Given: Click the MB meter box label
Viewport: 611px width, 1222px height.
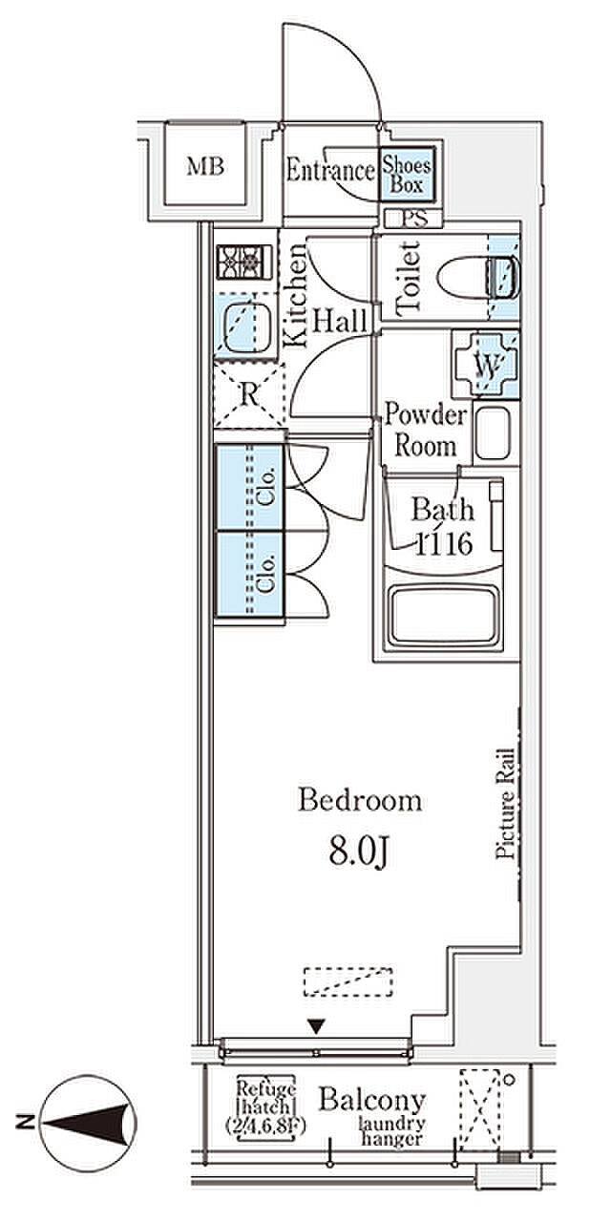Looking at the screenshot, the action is [x=205, y=166].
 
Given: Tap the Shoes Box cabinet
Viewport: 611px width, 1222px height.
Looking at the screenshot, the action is [x=407, y=174].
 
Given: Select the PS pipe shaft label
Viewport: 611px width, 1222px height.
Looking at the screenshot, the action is [x=414, y=219].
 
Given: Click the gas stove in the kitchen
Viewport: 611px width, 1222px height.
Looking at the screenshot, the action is [x=244, y=263].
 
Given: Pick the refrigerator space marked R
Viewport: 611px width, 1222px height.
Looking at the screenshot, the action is [x=249, y=394].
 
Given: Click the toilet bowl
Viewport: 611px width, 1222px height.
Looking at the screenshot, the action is [x=477, y=277].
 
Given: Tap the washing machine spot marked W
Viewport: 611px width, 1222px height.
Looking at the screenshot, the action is [x=487, y=365].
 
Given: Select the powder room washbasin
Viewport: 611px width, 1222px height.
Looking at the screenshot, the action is [x=493, y=432].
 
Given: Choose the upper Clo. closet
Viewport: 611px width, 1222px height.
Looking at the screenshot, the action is [x=250, y=487].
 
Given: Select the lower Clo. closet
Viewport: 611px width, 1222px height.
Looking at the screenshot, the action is [x=250, y=575].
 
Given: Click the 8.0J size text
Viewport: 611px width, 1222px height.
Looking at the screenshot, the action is [x=358, y=853].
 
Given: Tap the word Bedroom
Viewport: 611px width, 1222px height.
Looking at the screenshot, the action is [x=360, y=801].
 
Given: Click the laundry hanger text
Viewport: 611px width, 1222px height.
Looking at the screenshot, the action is [x=391, y=1130].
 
